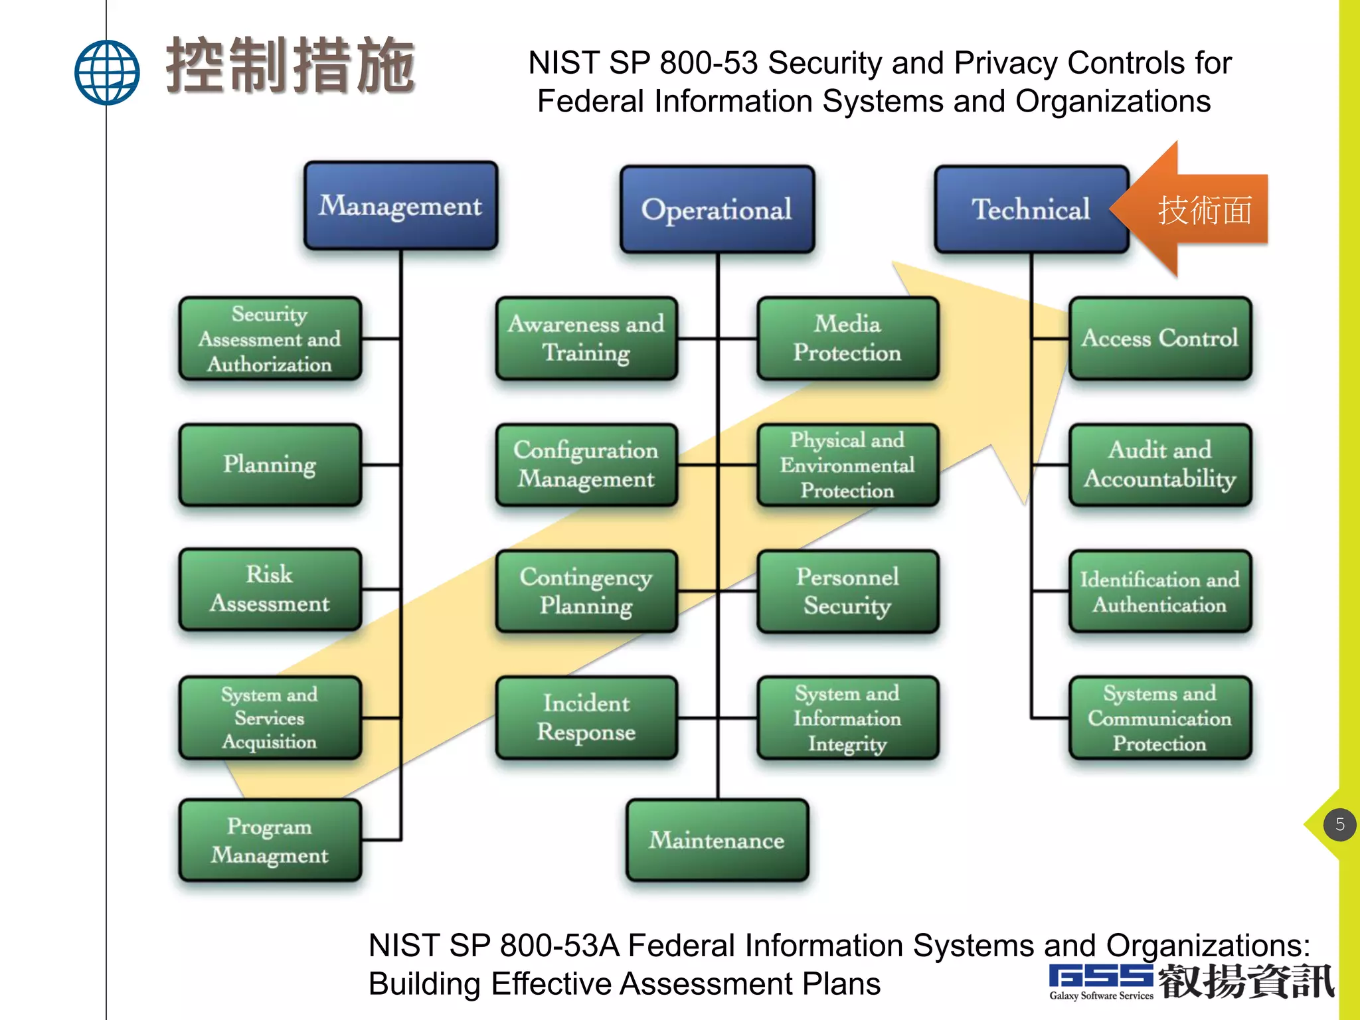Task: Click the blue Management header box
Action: tap(400, 206)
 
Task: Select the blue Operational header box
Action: tap(717, 209)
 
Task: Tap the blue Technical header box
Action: tap(1031, 209)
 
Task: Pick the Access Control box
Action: tap(1159, 338)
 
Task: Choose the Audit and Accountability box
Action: tap(1159, 464)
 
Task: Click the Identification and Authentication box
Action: tap(1159, 591)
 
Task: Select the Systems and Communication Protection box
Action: tap(1159, 718)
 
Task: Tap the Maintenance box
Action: tap(717, 840)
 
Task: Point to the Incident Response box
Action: tap(586, 718)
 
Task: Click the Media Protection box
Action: tap(847, 338)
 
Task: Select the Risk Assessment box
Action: tap(270, 589)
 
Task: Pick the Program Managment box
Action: tap(270, 840)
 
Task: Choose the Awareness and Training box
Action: tap(586, 338)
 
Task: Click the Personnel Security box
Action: tap(847, 591)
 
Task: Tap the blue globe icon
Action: tap(107, 72)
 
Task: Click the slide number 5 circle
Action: tap(1339, 825)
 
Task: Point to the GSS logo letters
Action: tap(1100, 976)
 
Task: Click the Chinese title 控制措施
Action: tap(291, 65)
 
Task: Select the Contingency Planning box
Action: tap(586, 591)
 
